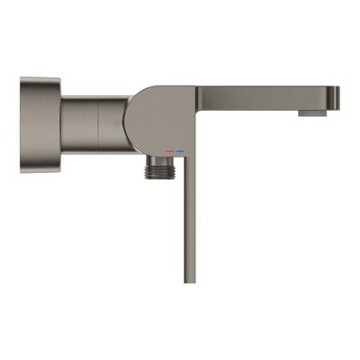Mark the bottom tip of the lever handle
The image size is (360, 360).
click(189, 281)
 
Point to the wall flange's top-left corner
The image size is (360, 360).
click(22, 80)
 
